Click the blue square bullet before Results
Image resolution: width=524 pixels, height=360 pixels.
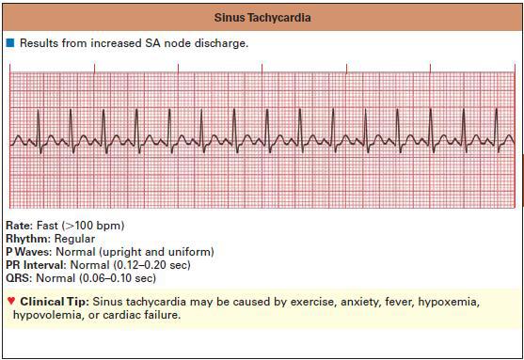pos(10,44)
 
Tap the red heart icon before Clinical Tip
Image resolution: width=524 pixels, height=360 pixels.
pos(10,302)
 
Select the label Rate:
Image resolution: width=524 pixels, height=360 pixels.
pos(18,227)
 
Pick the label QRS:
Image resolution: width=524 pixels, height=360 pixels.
pos(18,279)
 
